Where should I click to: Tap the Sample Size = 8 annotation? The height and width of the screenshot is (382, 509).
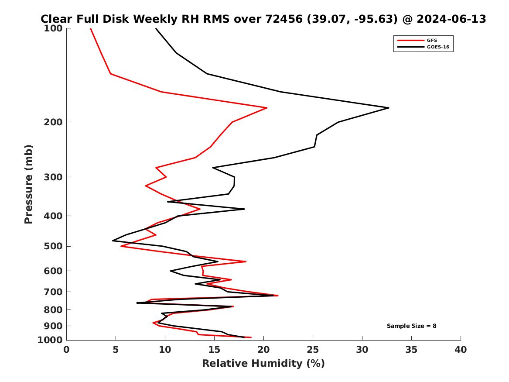pos(411,326)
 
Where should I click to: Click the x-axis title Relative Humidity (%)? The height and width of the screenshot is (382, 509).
pos(263,363)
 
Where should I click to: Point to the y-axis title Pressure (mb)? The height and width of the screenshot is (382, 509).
pos(29,184)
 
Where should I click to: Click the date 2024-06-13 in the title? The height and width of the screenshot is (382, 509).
pos(452,19)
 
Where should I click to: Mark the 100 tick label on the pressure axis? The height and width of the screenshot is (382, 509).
pos(53,28)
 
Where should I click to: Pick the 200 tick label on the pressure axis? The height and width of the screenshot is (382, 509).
pos(53,122)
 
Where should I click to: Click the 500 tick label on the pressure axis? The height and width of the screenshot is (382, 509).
pos(53,246)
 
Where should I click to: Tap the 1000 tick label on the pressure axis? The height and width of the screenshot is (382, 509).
pos(51,340)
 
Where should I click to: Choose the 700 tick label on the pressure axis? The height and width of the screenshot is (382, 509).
pos(53,292)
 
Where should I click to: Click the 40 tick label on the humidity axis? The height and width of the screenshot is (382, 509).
pos(461,349)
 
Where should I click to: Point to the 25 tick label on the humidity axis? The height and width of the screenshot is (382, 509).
pos(313,349)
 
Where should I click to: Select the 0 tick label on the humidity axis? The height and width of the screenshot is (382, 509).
pos(66,349)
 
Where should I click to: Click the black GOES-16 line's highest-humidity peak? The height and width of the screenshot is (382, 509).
pos(388,108)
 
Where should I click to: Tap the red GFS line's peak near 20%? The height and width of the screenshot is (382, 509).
pos(266,108)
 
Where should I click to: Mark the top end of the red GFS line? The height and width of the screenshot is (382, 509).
pos(91,28)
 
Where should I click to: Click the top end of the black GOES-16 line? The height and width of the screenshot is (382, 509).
pos(156,28)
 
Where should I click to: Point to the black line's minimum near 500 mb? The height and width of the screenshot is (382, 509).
pos(113,241)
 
